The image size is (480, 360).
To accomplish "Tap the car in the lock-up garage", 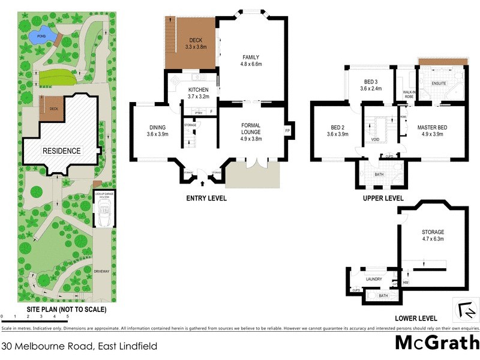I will pyautogui.click(x=104, y=212).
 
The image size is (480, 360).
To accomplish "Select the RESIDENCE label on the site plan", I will pyautogui.click(x=61, y=151).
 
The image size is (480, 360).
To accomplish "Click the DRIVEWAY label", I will pyautogui.click(x=101, y=272).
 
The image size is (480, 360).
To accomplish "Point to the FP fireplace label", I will pyautogui.click(x=287, y=131).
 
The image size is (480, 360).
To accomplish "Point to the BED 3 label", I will pyautogui.click(x=370, y=82).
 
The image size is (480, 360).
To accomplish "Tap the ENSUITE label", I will pyautogui.click(x=437, y=83).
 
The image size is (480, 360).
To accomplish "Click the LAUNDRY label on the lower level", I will pyautogui.click(x=374, y=279).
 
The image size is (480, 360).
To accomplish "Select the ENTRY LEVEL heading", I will pyautogui.click(x=206, y=198).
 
